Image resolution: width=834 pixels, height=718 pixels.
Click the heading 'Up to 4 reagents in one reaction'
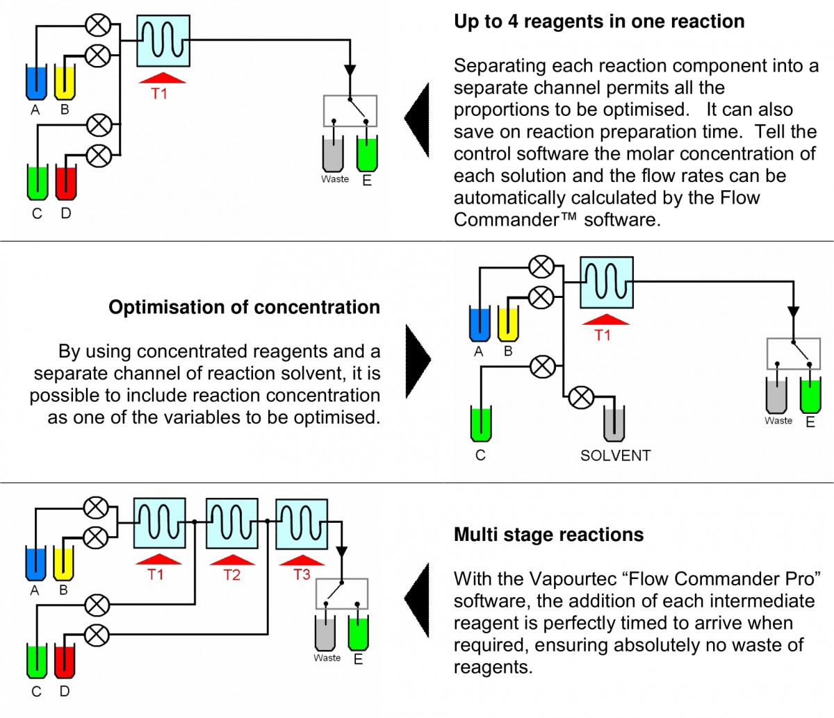pos(598,22)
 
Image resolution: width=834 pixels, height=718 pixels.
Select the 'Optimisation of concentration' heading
pos(244,307)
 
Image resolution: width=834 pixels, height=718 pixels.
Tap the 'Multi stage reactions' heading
pos(548,535)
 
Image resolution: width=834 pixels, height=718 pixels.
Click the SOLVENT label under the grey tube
pos(615,456)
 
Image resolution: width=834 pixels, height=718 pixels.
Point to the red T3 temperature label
pos(302,574)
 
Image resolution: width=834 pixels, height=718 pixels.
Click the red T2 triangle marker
pos(232,560)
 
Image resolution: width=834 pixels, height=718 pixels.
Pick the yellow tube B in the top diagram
pos(65,83)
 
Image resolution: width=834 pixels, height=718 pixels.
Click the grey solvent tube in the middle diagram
pos(614,424)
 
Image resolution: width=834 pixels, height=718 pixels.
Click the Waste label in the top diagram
pos(334,179)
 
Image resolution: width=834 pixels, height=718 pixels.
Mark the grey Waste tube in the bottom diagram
pos(325,633)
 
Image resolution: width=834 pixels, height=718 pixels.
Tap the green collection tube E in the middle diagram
pos(810,396)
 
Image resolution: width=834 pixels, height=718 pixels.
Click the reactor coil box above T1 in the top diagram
pos(163,41)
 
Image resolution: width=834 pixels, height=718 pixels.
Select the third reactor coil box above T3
pos(302,524)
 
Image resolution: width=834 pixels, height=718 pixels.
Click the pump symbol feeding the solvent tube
pos(581,397)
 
